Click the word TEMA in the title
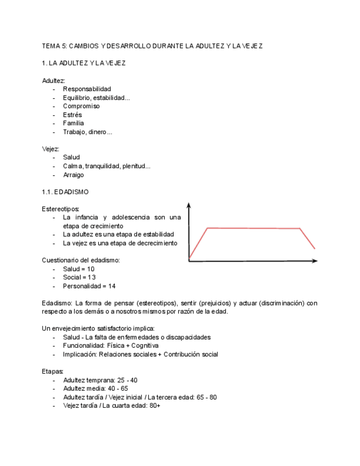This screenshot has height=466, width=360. click(50, 46)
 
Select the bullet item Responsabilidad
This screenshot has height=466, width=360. click(87, 89)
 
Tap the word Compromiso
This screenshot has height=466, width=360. click(81, 106)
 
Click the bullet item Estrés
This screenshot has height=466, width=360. click(73, 115)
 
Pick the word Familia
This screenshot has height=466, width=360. click(74, 123)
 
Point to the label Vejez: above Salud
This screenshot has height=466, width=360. click(51, 149)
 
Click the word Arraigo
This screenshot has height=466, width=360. click(74, 175)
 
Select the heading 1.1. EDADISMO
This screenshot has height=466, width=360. click(65, 192)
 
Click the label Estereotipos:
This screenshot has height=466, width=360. click(60, 209)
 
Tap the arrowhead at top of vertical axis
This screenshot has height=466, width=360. click(189, 206)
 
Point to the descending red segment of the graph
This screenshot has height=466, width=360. click(308, 238)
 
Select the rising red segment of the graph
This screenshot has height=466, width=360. click(197, 242)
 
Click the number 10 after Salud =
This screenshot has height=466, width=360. click(91, 269)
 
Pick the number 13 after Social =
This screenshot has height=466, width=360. click(91, 278)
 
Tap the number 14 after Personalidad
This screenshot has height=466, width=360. click(112, 286)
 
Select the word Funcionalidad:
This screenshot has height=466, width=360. click(84, 346)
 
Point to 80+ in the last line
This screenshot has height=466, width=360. click(154, 406)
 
